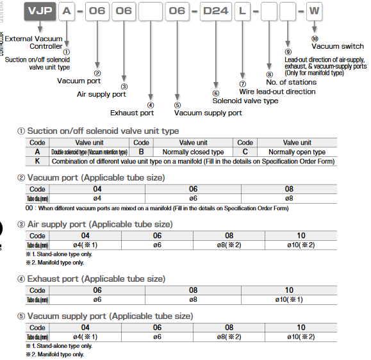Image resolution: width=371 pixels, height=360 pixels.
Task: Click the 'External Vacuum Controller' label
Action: (38, 42)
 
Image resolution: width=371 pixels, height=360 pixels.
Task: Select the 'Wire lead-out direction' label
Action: (277, 92)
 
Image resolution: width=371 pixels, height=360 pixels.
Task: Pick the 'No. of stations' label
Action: (292, 82)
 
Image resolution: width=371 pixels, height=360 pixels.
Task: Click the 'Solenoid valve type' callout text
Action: (245, 101)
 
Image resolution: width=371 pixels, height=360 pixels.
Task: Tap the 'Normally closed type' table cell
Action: (193, 152)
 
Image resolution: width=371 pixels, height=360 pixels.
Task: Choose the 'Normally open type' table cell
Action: (297, 152)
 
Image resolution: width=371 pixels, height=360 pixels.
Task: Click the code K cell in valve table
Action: (38, 161)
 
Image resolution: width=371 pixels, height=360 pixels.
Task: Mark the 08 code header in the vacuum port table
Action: (289, 189)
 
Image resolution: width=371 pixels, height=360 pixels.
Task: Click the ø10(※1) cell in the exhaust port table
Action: (289, 299)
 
